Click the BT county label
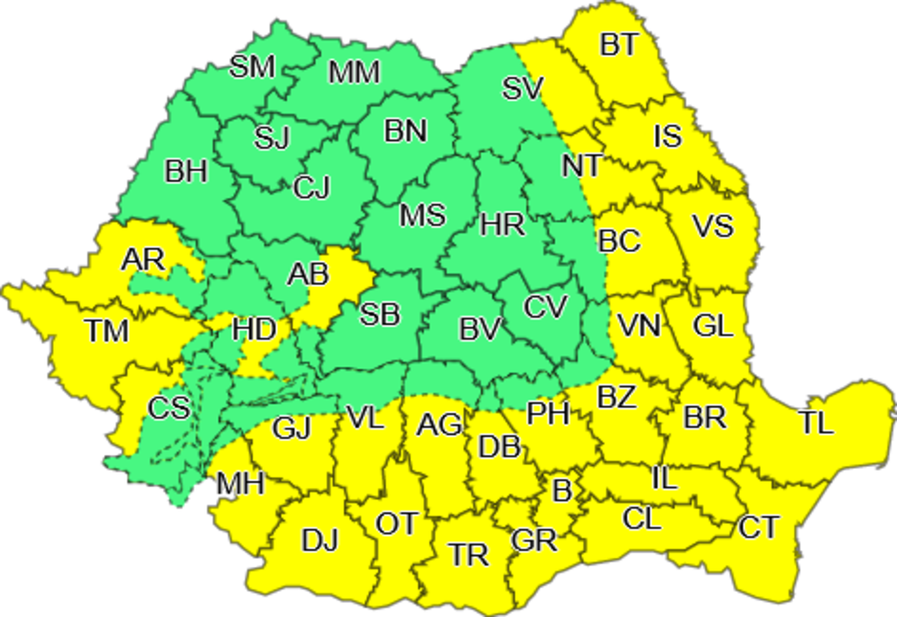(x=618, y=46)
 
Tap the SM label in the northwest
(x=252, y=68)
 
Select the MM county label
(x=354, y=73)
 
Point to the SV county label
(x=522, y=89)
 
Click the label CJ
(x=312, y=187)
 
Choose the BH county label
(x=187, y=171)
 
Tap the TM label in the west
(x=107, y=331)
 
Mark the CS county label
(x=169, y=408)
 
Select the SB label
(x=380, y=314)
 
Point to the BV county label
(x=480, y=330)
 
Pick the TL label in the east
(x=816, y=423)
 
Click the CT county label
(x=759, y=528)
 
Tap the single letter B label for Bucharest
(x=562, y=491)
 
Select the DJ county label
(x=319, y=541)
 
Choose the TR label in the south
(x=468, y=555)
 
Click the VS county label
(x=713, y=226)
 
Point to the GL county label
(x=713, y=326)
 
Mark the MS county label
(x=422, y=216)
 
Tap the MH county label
(x=240, y=485)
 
